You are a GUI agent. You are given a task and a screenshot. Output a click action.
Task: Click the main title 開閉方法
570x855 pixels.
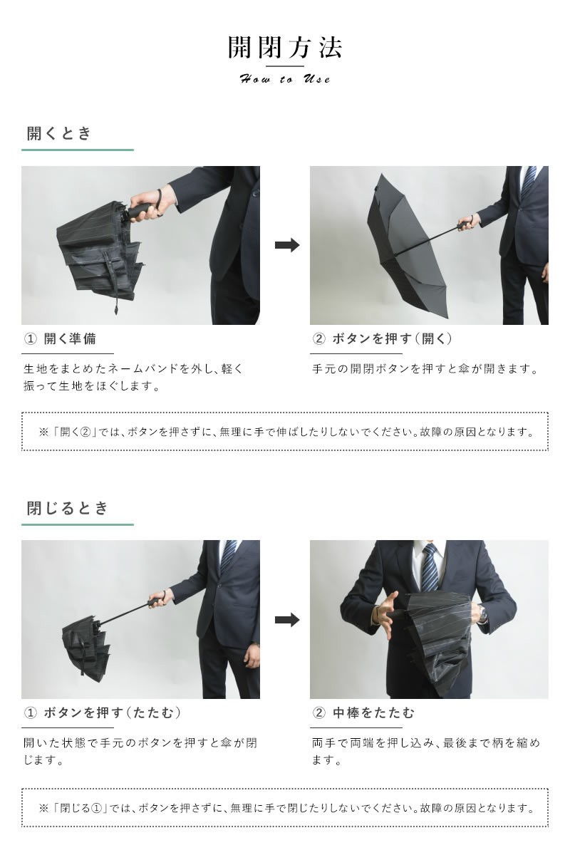[285, 47]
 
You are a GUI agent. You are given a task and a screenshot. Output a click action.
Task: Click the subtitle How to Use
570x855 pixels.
[285, 79]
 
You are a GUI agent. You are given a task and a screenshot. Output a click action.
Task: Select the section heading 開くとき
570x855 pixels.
[60, 133]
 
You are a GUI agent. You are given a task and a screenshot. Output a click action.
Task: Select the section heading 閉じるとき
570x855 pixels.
[68, 508]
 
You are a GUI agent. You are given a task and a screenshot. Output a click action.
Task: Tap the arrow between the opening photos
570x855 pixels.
[286, 245]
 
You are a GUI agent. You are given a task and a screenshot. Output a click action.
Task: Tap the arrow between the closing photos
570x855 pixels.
[286, 619]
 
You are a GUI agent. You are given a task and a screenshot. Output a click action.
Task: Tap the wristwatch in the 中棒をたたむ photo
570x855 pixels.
[483, 611]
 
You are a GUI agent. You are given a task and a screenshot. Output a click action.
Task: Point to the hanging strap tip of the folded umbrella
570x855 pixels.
[115, 309]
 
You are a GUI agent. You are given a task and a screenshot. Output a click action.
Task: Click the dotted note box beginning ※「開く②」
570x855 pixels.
[285, 432]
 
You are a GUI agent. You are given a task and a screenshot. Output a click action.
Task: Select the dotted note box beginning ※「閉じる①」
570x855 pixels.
[285, 807]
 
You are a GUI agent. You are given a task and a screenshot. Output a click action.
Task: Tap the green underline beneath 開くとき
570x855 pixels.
[78, 150]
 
